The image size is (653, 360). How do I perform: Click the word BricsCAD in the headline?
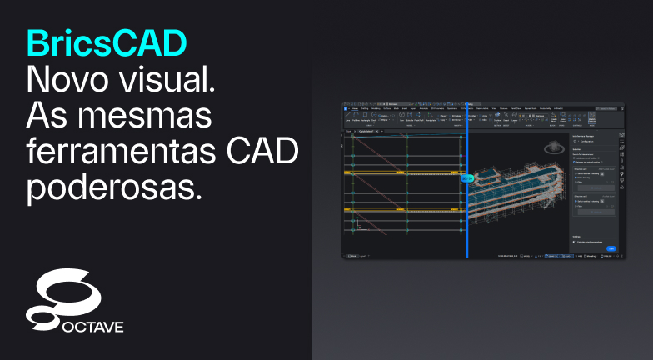click(x=106, y=43)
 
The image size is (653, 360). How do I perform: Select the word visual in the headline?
click(x=170, y=81)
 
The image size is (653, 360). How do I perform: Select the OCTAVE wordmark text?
click(x=92, y=327)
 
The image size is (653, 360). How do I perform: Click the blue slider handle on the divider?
click(x=467, y=177)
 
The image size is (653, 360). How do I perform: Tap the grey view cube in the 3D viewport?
click(x=551, y=148)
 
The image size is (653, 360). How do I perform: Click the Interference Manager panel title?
click(x=586, y=134)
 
